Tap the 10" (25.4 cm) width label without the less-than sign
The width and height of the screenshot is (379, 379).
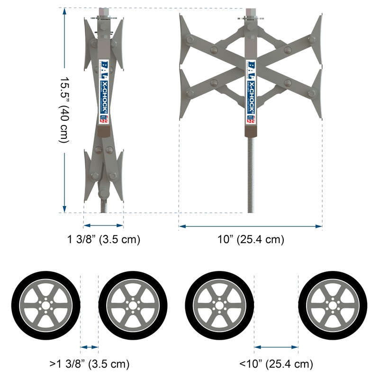pos(251,240)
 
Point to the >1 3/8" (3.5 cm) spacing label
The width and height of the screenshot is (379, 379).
pos(90,364)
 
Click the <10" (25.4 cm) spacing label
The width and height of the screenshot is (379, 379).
pos(276,364)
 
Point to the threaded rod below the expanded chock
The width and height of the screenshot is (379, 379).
pos(251,175)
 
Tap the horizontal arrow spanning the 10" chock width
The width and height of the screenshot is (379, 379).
pos(251,226)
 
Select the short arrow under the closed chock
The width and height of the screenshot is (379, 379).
pos(103,226)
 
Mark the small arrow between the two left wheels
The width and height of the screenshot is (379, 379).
pos(90,347)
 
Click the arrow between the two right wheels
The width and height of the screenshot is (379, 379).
pos(276,347)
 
